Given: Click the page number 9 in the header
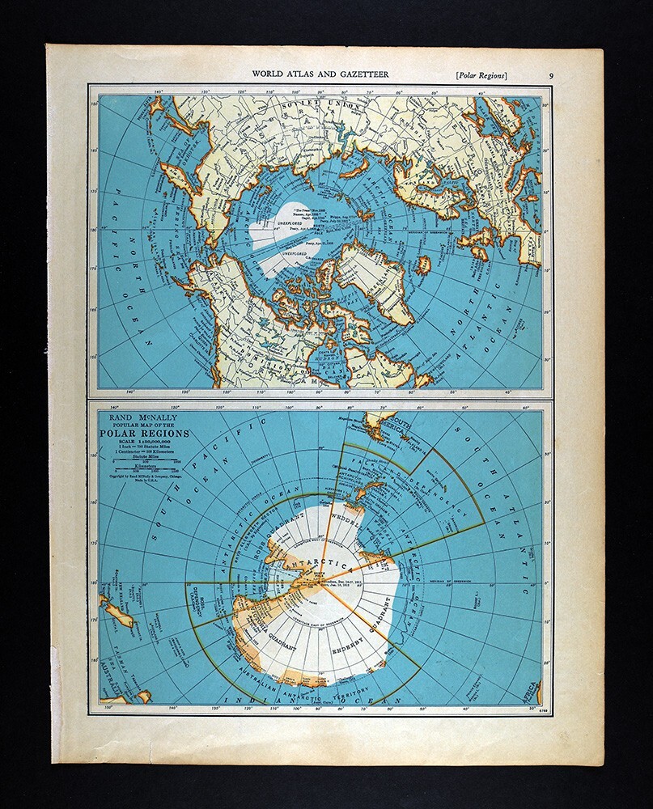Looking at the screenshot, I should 551,75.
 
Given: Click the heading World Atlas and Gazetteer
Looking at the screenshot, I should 320,74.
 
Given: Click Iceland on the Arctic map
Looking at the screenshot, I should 422,265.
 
